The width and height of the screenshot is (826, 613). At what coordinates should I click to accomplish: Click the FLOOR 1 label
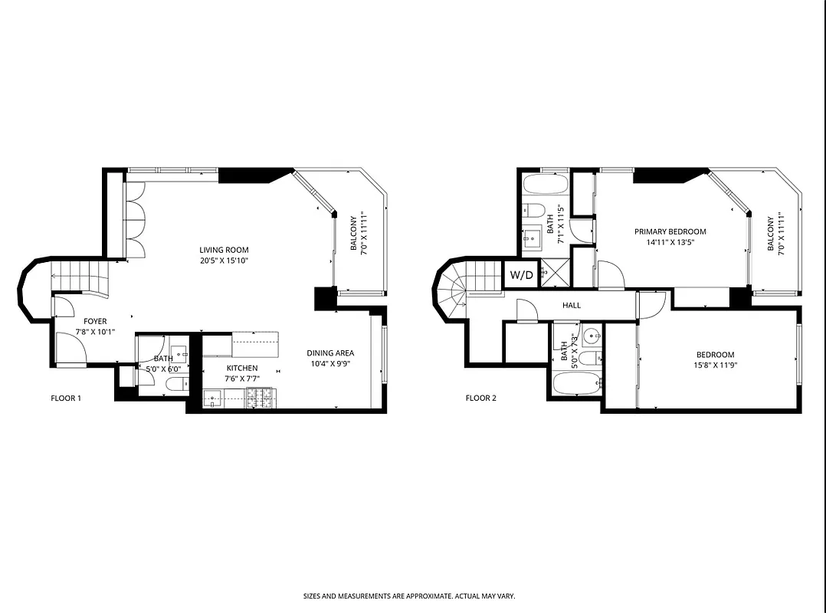[66, 398]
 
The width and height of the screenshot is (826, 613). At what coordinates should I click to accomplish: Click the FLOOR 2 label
[481, 398]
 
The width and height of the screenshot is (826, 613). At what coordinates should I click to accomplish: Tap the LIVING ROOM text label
[224, 250]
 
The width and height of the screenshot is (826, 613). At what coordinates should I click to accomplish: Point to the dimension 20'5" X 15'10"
[224, 261]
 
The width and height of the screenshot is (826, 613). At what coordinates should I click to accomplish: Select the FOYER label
[95, 321]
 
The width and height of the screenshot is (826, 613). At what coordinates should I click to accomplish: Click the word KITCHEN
[241, 369]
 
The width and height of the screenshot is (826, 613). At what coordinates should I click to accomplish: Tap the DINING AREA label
[330, 353]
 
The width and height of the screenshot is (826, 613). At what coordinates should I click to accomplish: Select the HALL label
[572, 305]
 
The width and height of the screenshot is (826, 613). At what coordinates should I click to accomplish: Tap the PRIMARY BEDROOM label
[670, 231]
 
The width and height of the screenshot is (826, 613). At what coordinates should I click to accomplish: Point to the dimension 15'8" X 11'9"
[715, 366]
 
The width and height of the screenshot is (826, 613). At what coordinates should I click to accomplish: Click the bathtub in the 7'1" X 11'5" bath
[546, 185]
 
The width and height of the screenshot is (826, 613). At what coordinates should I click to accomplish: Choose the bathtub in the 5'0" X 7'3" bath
[575, 384]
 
